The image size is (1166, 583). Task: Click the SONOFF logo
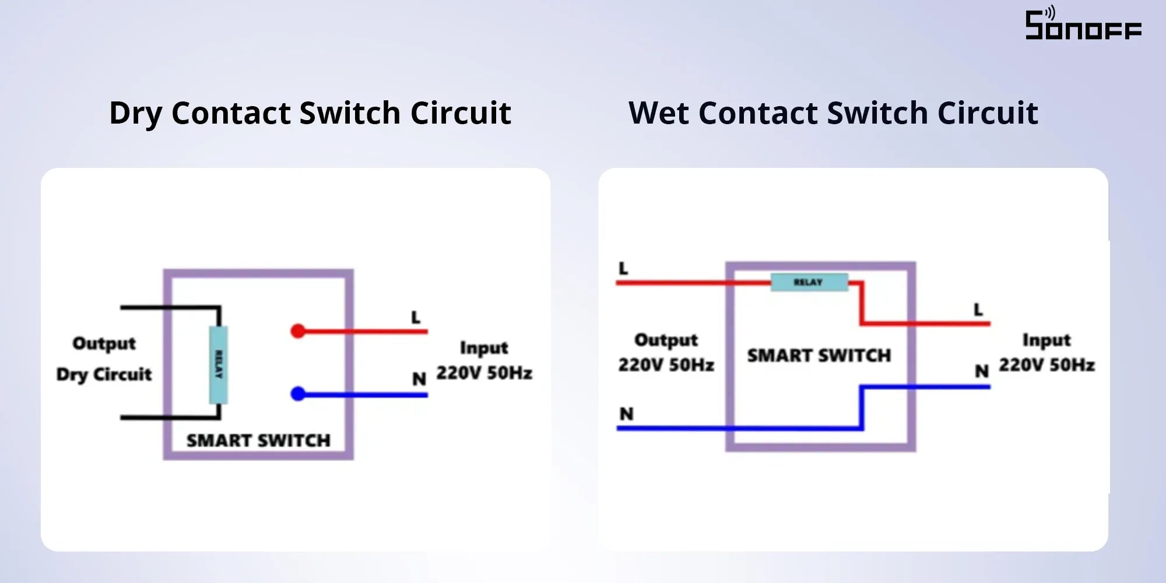click(1083, 24)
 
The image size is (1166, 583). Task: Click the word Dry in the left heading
click(135, 113)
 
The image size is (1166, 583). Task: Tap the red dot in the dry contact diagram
click(298, 331)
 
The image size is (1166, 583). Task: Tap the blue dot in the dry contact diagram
click(298, 394)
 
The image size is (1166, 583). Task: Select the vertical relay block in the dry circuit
click(218, 365)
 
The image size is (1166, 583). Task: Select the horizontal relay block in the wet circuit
click(809, 282)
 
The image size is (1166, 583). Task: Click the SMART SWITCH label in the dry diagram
click(258, 440)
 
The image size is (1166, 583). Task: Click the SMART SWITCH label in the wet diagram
click(819, 355)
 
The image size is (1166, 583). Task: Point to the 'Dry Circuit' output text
click(104, 374)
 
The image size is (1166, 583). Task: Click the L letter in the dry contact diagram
click(416, 318)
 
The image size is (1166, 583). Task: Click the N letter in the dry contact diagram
click(419, 379)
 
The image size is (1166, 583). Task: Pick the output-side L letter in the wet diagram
click(623, 269)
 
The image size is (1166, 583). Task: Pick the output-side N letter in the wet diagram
click(626, 414)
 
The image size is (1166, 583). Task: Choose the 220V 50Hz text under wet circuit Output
click(666, 365)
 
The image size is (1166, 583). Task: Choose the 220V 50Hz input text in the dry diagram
click(484, 373)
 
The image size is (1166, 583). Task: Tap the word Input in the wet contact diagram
click(1046, 340)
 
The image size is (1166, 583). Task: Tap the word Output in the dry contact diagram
click(104, 343)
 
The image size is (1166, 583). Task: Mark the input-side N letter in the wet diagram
click(982, 371)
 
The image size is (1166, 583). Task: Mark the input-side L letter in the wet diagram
click(978, 310)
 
